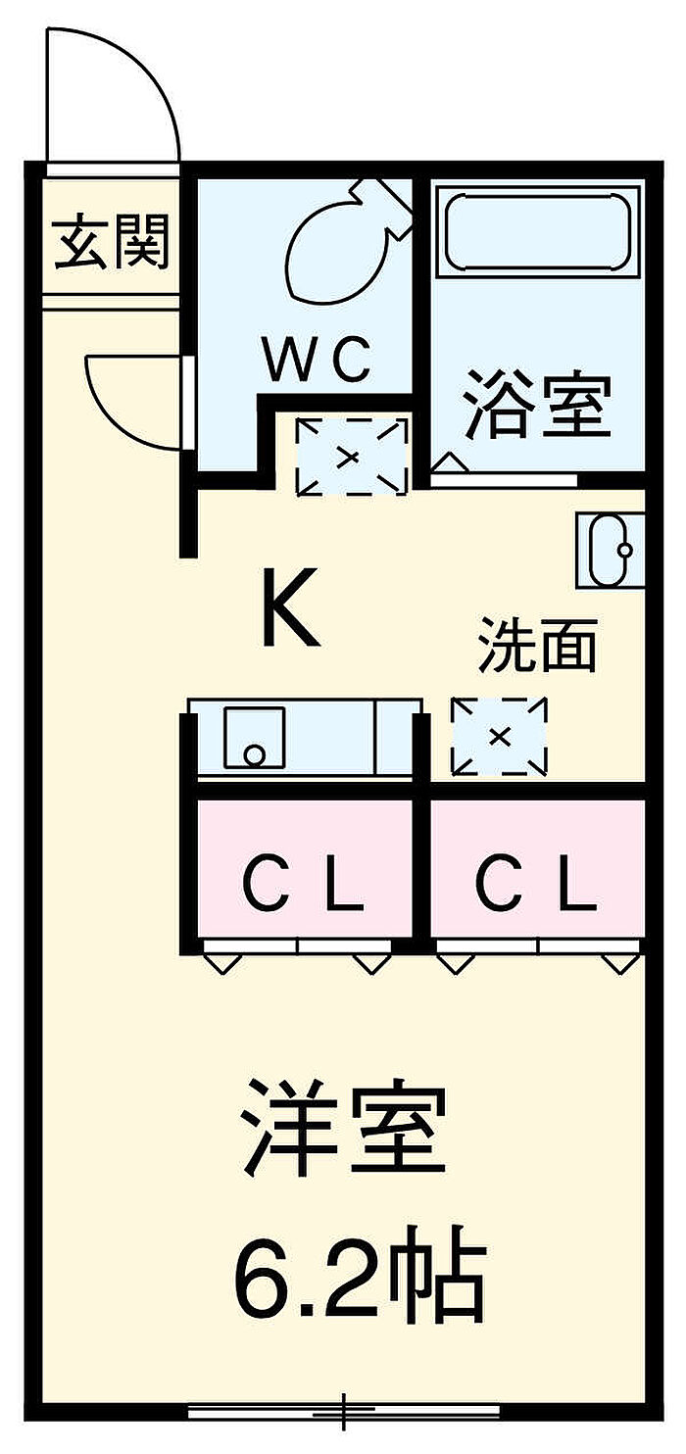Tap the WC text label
318,359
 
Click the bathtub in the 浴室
538,230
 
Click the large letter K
291,606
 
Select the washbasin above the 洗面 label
611,551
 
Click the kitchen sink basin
255,737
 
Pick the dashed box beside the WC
352,457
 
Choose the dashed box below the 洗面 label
499,736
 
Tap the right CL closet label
535,884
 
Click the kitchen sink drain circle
255,754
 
